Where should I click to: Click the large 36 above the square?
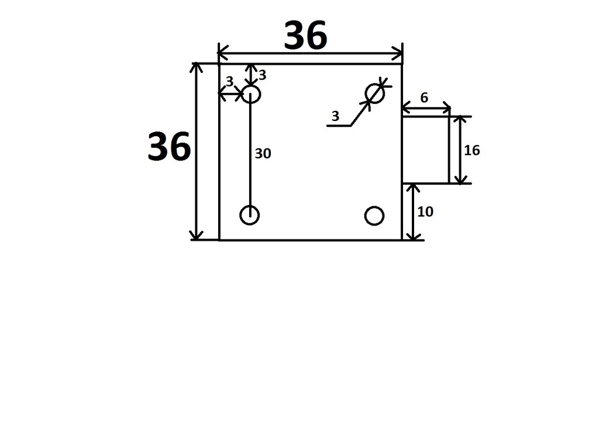[305, 36]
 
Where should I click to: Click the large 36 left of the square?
[168, 147]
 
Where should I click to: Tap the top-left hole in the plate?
[251, 94]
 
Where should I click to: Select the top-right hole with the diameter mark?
[374, 93]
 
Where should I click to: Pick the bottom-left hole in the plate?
[250, 215]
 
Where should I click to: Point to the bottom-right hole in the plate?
[374, 216]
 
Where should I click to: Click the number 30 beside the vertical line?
[263, 154]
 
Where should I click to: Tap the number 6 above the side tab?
[424, 98]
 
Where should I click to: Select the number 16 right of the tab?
[471, 151]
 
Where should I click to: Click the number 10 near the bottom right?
[425, 212]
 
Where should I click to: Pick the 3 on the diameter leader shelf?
[335, 116]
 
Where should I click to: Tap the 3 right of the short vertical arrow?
[262, 75]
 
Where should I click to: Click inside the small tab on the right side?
[425, 150]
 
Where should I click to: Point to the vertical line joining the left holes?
[250, 155]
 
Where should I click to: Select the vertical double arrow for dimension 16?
[461, 150]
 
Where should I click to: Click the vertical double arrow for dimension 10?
[414, 212]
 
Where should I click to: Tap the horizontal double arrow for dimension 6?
[426, 108]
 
